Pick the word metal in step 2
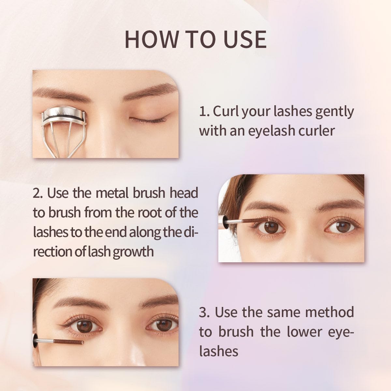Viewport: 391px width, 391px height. [112, 193]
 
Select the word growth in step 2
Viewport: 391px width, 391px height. [133, 252]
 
